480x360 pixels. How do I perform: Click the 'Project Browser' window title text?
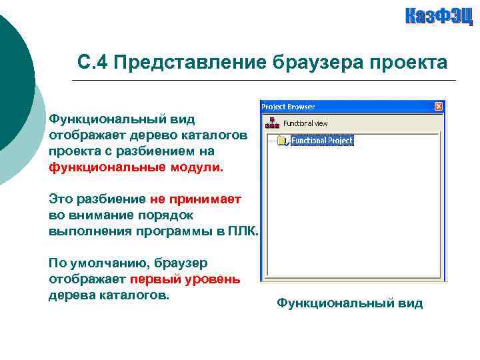pyautogui.click(x=288, y=107)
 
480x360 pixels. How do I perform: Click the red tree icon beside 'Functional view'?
pyautogui.click(x=271, y=123)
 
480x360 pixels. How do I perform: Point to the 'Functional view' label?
pyautogui.click(x=305, y=123)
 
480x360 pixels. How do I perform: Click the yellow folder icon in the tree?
pyautogui.click(x=282, y=141)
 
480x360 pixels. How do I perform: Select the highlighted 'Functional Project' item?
pyautogui.click(x=322, y=141)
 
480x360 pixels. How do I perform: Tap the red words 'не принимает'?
pyautogui.click(x=195, y=199)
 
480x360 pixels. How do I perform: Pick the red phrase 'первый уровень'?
pyautogui.click(x=185, y=279)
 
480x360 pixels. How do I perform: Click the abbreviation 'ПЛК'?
pyautogui.click(x=242, y=231)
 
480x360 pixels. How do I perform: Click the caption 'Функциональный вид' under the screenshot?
pyautogui.click(x=349, y=303)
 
